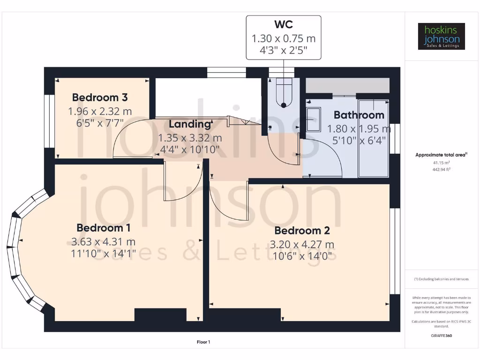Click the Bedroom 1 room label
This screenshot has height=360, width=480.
104,228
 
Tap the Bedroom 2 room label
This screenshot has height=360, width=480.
302,231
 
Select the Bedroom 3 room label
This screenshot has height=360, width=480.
100,97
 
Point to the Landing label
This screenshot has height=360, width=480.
190,124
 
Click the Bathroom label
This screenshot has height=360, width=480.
359,115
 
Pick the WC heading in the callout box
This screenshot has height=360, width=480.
284,24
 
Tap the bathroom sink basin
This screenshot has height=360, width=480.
313,120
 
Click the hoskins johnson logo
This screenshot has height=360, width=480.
441,37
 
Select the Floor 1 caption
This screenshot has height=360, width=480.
203,342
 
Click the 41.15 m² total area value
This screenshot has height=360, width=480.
441,163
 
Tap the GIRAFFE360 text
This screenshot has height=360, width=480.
441,336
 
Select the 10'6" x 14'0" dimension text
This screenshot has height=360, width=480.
302,256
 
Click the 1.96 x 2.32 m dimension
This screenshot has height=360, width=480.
100,112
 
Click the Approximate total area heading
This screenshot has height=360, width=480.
441,155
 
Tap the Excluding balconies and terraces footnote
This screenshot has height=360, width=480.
441,279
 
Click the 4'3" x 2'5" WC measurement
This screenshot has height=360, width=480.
284,50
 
